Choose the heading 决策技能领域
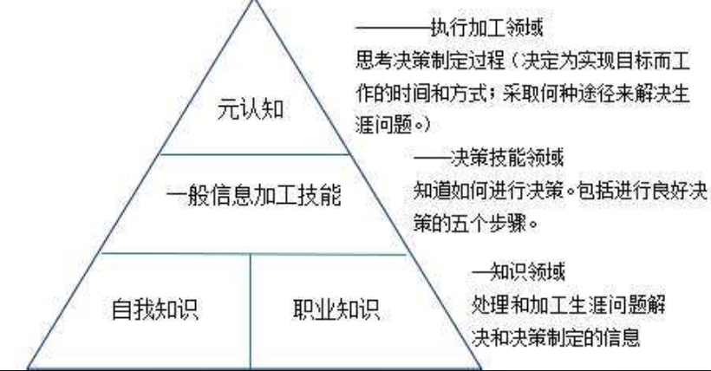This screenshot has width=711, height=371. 507,159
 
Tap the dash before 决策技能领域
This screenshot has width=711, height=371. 431,159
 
